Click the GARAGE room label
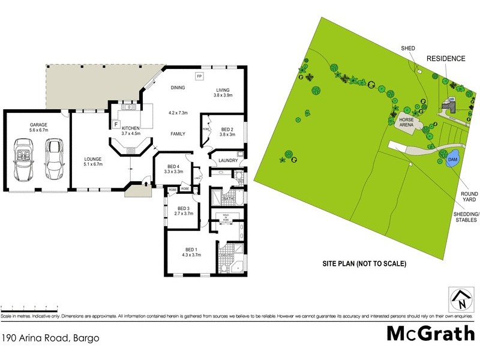point(38,125)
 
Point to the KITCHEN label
point(130,128)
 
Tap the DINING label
point(177,88)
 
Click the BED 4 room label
point(173,166)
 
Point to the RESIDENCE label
point(445,58)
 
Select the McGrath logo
point(430,333)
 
